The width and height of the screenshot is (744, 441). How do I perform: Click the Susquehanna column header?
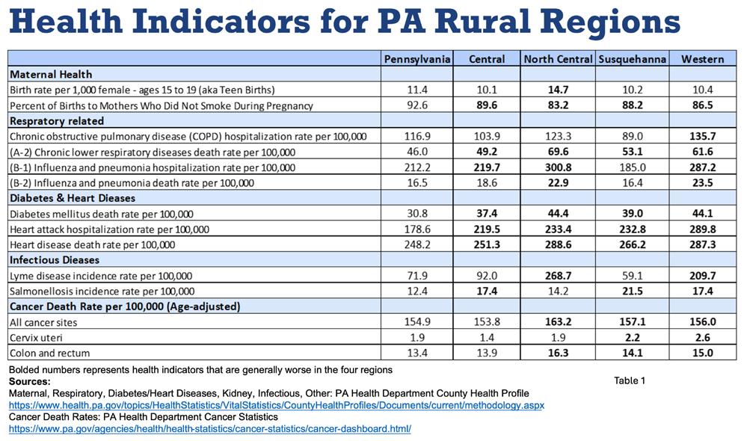click(x=633, y=59)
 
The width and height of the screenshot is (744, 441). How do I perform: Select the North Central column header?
click(x=558, y=59)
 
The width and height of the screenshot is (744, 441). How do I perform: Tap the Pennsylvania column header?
click(x=417, y=59)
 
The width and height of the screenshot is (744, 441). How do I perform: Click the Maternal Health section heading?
click(x=51, y=74)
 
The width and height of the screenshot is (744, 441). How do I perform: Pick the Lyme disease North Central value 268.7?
click(x=558, y=276)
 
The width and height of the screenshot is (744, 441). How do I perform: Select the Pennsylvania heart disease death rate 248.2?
click(x=417, y=244)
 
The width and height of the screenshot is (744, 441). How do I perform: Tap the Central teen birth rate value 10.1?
click(x=487, y=90)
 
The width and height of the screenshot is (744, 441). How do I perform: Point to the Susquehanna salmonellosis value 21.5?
click(x=633, y=291)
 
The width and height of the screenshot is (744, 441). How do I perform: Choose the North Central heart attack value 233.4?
click(x=558, y=229)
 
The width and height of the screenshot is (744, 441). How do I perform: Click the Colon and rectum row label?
click(x=49, y=354)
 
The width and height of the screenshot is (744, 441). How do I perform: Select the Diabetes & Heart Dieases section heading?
click(x=73, y=198)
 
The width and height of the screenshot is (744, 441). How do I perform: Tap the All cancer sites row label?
click(x=43, y=322)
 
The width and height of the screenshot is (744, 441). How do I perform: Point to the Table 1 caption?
click(x=630, y=380)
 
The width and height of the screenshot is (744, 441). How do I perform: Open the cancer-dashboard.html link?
click(x=210, y=429)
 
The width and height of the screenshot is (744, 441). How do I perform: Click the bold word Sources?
click(x=29, y=381)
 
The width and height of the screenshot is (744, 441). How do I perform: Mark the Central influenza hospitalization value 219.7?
click(x=487, y=167)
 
